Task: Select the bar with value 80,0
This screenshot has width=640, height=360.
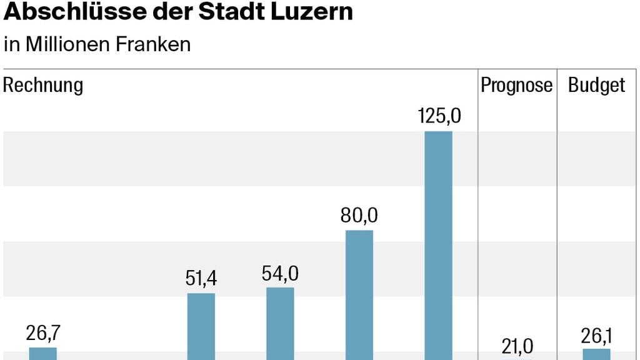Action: [x=359, y=294]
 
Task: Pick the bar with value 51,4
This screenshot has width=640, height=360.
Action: [x=201, y=326]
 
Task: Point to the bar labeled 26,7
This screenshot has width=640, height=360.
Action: [x=43, y=353]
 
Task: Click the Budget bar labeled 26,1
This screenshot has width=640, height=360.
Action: [x=596, y=354]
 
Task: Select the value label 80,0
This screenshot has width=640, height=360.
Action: [x=359, y=216]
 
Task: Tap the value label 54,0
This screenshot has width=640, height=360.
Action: [x=280, y=273]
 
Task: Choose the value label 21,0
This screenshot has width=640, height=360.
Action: [x=517, y=346]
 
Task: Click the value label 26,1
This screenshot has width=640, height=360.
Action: [x=596, y=336]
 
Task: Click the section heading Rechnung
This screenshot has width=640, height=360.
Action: [x=43, y=85]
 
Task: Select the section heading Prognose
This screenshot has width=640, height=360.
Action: [x=516, y=85]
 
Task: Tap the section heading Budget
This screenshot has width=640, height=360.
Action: [x=596, y=85]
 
